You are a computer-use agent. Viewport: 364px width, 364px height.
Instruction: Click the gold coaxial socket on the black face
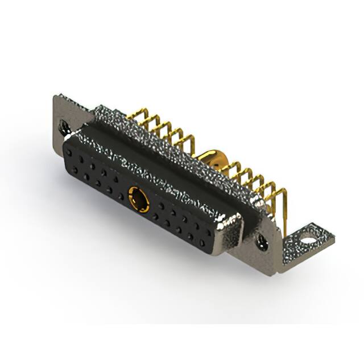[138, 199]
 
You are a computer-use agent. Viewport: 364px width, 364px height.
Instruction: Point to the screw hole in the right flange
[262, 242]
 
